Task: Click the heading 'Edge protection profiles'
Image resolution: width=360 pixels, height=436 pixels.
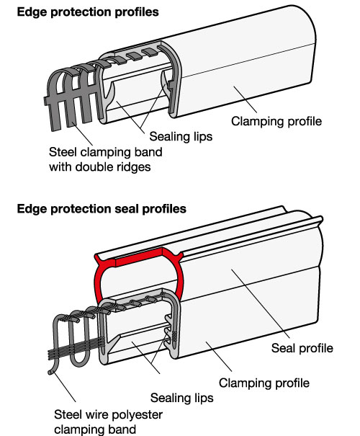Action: pos(88,12)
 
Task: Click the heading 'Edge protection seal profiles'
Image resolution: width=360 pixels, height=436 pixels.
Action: pos(102,209)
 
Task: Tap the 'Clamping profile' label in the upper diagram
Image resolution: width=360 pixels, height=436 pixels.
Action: pos(276,122)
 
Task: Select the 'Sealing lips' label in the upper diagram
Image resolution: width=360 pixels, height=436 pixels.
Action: pos(181,136)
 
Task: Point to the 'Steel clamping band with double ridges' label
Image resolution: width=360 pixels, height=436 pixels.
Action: pos(106,159)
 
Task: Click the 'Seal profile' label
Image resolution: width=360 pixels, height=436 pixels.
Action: pos(302,348)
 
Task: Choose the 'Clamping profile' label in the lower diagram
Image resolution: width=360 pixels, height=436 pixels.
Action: pos(264,383)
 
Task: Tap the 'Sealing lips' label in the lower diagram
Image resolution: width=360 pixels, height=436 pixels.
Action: pos(182,398)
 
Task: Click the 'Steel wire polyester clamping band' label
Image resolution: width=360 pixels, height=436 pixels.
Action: pos(108,422)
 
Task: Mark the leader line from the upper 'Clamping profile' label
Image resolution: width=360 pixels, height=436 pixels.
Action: pos(246,99)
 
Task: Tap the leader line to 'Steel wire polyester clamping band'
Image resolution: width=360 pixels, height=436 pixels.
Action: pos(65,387)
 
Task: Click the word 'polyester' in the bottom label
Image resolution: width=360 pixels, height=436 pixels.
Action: pos(141,415)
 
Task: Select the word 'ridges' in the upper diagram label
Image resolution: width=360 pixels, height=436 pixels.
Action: pos(136,167)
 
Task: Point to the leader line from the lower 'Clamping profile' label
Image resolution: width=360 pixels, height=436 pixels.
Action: pos(219,357)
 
